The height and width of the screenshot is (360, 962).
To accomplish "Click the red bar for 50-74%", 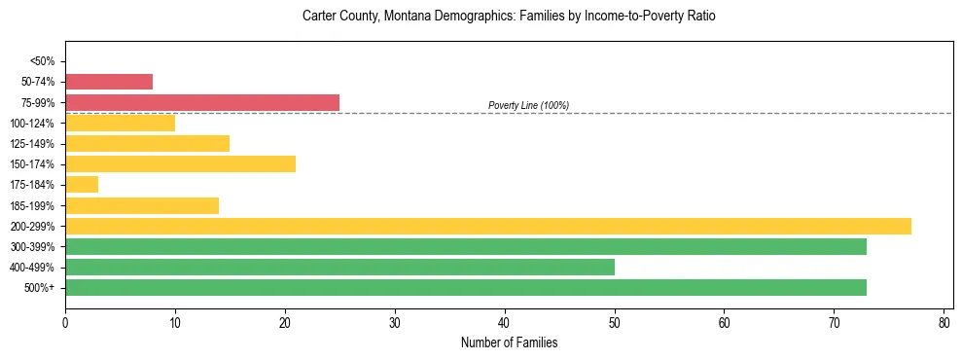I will (x=109, y=82).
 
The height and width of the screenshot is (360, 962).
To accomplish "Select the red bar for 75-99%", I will (x=202, y=102).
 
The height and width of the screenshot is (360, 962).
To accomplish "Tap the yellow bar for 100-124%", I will (x=120, y=123).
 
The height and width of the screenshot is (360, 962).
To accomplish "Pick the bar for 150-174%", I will (x=180, y=164).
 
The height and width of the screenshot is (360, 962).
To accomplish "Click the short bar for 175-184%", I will (x=82, y=185).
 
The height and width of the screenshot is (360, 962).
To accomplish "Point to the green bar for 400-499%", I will (x=339, y=267).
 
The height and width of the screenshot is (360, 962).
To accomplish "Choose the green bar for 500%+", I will (x=466, y=288).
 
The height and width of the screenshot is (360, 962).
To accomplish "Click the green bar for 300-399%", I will (x=466, y=246).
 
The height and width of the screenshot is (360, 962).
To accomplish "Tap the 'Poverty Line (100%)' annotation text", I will (x=528, y=105).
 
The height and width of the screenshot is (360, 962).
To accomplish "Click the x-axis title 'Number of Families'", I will (x=509, y=342).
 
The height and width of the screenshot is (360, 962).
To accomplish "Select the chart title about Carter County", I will (x=509, y=17).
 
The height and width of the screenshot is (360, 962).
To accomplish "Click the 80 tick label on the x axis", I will (x=944, y=322).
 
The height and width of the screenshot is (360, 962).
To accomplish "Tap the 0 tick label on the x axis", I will (x=65, y=322).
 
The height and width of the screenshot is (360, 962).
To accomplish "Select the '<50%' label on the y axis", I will (x=42, y=61).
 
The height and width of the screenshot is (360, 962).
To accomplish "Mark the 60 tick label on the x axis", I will (x=724, y=322).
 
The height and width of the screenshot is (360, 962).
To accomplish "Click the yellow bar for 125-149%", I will (x=147, y=143).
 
